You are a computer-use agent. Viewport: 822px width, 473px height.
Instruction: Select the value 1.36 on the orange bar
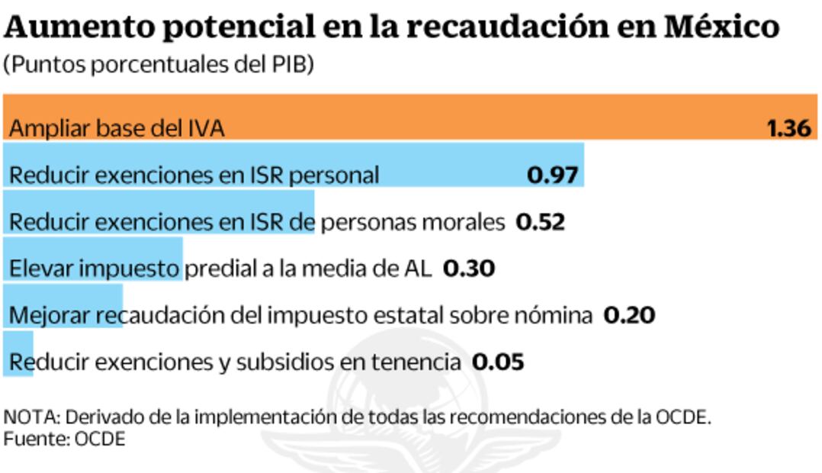pyautogui.click(x=788, y=128)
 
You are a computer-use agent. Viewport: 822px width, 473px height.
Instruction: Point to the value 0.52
pyautogui.click(x=541, y=222)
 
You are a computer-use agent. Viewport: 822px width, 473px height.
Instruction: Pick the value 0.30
pyautogui.click(x=469, y=269)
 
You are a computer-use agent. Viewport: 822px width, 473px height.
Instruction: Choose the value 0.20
pyautogui.click(x=629, y=315)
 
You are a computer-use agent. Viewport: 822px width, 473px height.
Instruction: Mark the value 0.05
pyautogui.click(x=498, y=362)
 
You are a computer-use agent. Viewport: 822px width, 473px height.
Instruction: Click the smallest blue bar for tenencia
pyautogui.click(x=18, y=353)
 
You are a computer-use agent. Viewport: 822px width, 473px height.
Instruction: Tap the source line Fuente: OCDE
pyautogui.click(x=64, y=439)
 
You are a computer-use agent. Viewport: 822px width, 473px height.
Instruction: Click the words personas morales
pyautogui.click(x=413, y=223)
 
